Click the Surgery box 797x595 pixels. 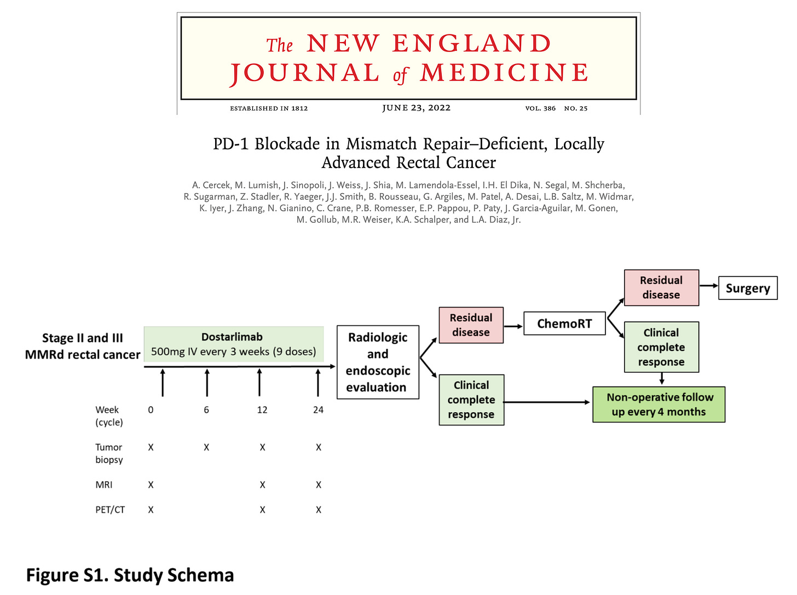tap(747, 288)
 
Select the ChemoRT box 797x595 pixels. tap(564, 324)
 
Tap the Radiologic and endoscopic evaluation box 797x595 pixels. tap(378, 362)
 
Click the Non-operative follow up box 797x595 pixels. tap(659, 405)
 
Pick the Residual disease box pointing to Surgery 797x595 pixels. tap(661, 287)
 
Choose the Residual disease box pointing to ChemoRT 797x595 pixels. tap(471, 325)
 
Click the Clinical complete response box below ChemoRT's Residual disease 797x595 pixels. tap(661, 347)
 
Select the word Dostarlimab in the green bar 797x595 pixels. tap(232, 337)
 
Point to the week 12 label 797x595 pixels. tap(262, 410)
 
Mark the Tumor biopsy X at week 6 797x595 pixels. tap(206, 448)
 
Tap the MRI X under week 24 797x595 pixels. tap(319, 485)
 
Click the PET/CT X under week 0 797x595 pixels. tap(151, 510)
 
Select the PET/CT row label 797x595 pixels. tap(110, 510)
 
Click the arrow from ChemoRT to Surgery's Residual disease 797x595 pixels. tap(615, 308)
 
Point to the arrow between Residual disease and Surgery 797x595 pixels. tap(708, 286)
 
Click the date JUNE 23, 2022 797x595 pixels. tap(416, 108)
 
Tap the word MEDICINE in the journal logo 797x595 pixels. tap(504, 73)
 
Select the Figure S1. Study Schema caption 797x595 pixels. tap(130, 575)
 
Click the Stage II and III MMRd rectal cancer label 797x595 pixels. tap(83, 346)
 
